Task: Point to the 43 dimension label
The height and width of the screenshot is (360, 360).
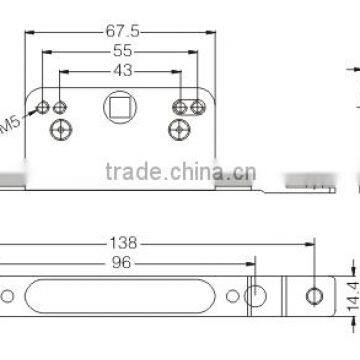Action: [x=121, y=71]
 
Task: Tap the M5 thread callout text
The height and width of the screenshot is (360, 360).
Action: [x=11, y=124]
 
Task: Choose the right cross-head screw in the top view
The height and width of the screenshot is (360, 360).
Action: [x=180, y=129]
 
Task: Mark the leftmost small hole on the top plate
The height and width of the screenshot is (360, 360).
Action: [x=44, y=106]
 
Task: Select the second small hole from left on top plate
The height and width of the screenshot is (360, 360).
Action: [x=60, y=106]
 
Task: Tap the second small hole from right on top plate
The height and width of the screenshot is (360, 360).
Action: [x=180, y=106]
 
